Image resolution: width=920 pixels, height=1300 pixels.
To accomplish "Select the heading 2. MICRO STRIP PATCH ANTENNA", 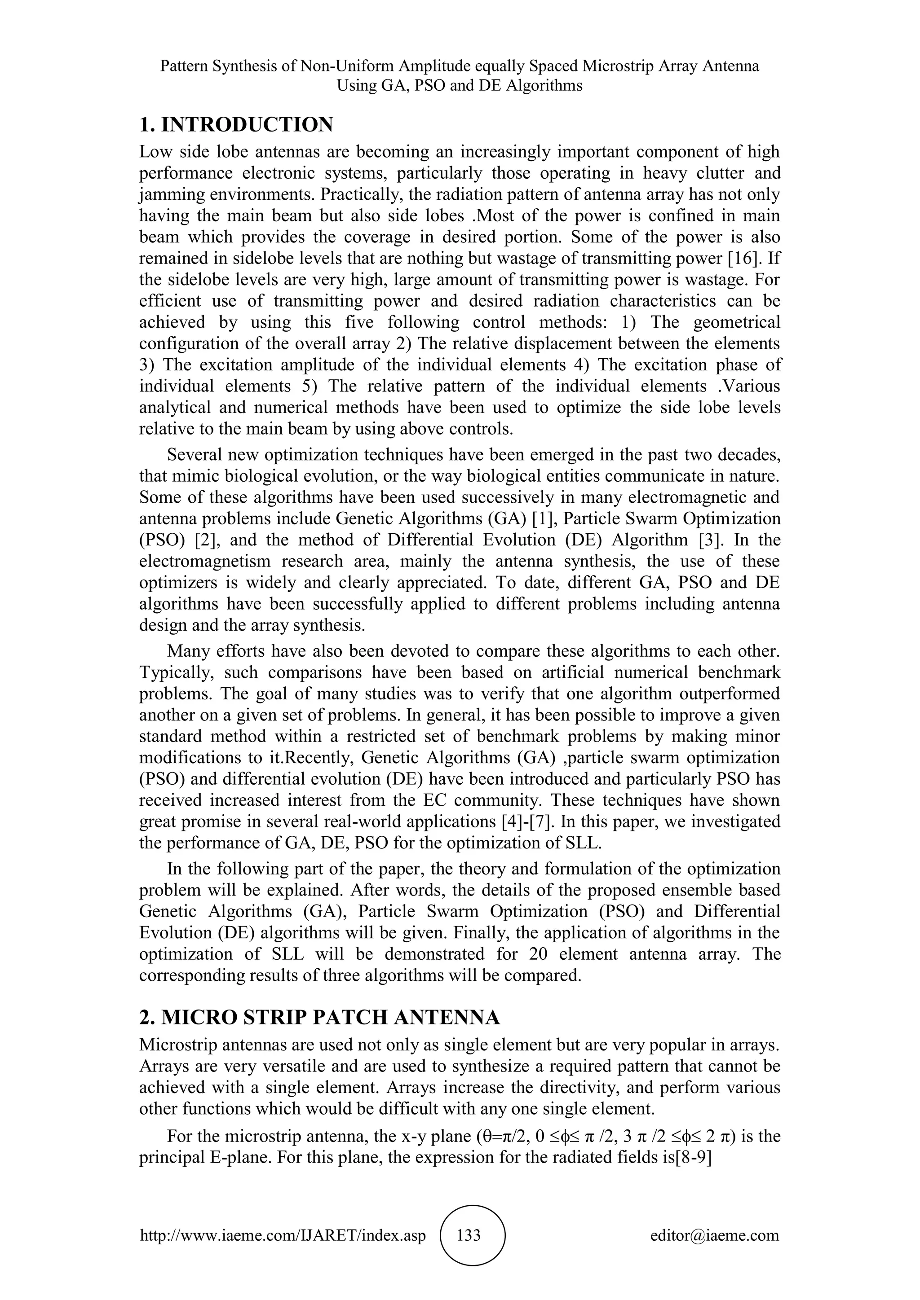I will (319, 1018).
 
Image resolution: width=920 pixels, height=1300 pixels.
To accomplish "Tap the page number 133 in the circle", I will (469, 1235).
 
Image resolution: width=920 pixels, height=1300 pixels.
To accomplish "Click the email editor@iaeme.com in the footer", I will (714, 1235).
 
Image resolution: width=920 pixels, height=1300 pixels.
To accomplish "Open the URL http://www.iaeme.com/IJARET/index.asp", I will (283, 1235).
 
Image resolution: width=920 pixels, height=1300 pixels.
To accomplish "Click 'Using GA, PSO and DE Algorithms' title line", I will (460, 86).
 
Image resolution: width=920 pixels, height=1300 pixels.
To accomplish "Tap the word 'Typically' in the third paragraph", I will (177, 672).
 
